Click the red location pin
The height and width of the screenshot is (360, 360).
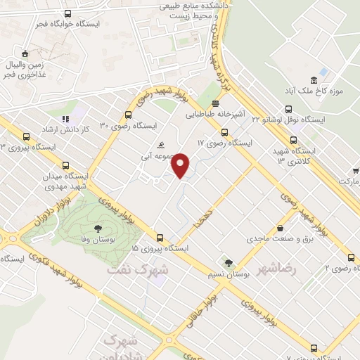(x=181, y=165)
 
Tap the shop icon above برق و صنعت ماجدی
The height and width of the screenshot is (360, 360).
(x=281, y=228)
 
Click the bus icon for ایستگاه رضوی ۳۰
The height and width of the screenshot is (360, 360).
(x=128, y=115)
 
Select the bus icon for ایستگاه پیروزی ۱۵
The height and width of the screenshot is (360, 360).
(x=160, y=238)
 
